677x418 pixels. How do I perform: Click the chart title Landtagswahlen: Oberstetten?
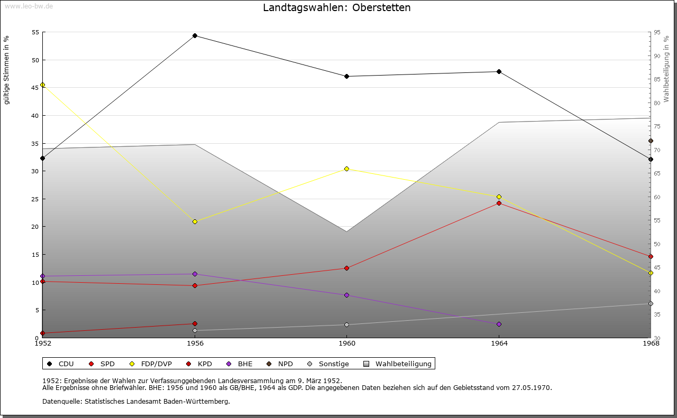pyautogui.click(x=336, y=8)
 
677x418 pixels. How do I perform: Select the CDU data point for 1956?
pyautogui.click(x=195, y=36)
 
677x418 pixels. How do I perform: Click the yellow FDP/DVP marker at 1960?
pyautogui.click(x=346, y=169)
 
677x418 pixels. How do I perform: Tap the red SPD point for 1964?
pyautogui.click(x=499, y=203)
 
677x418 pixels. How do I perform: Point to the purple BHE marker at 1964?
pyautogui.click(x=499, y=324)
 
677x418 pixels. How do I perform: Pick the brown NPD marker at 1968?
pyautogui.click(x=651, y=141)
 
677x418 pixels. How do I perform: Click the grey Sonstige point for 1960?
pyautogui.click(x=346, y=324)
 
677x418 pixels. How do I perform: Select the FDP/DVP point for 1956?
pyautogui.click(x=195, y=221)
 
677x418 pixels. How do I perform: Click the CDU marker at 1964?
pyautogui.click(x=499, y=71)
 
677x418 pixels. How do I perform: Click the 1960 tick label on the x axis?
pyautogui.click(x=346, y=343)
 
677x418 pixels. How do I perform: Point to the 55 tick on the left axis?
pyautogui.click(x=35, y=32)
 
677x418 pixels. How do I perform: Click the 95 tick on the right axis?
pyautogui.click(x=656, y=32)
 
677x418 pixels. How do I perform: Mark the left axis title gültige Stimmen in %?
pyautogui.click(x=6, y=70)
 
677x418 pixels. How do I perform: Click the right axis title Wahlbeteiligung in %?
pyautogui.click(x=666, y=69)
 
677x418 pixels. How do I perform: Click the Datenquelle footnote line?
pyautogui.click(x=136, y=401)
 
